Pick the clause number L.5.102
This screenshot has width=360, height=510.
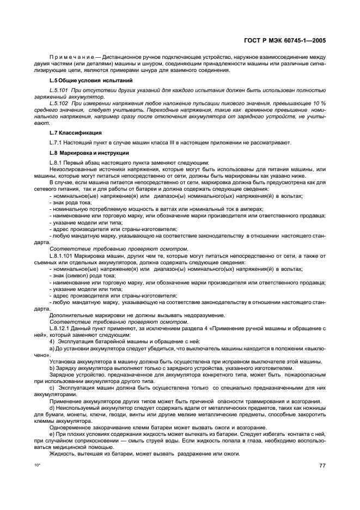[59, 102]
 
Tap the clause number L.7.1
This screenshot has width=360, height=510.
[56, 143]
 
